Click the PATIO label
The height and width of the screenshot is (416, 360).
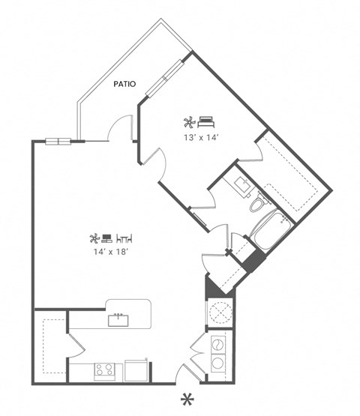tap(124, 85)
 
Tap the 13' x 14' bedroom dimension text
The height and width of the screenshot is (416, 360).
tap(199, 137)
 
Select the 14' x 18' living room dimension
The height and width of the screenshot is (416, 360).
tap(109, 253)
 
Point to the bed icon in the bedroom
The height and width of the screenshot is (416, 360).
tap(206, 121)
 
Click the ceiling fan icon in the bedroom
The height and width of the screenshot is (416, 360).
tap(189, 121)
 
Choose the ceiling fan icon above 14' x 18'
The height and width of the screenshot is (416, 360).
tap(94, 238)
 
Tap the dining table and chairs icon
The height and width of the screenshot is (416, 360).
tap(124, 238)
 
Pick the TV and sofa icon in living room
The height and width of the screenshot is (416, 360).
tap(108, 238)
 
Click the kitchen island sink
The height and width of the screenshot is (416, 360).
tap(118, 319)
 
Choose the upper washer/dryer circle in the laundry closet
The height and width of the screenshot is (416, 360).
tap(219, 344)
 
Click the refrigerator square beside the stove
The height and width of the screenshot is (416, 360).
tap(137, 370)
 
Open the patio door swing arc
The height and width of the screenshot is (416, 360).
tap(119, 129)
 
